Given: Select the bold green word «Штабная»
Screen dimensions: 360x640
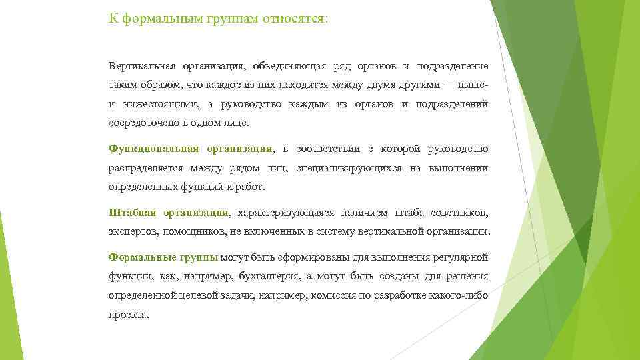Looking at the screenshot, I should pyautogui.click(x=132, y=213).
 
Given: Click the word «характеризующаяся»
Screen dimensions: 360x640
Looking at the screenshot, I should pyautogui.click(x=285, y=213).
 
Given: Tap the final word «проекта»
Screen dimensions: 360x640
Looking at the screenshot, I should pyautogui.click(x=128, y=315).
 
